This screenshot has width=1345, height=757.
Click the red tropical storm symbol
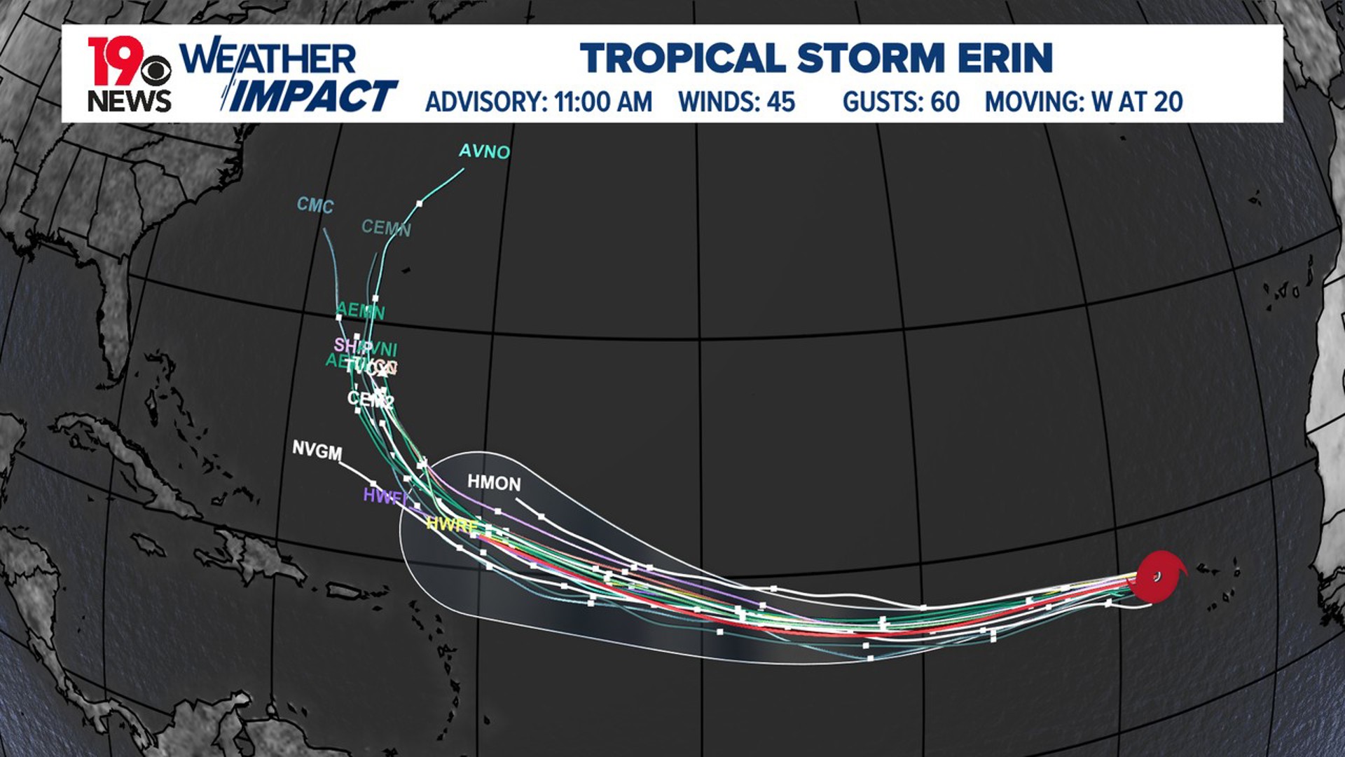click(1157, 577)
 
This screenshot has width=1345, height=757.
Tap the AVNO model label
click(484, 151)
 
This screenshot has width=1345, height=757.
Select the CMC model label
click(315, 205)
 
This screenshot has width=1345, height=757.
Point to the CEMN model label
click(386, 227)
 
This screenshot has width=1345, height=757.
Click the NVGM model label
click(317, 450)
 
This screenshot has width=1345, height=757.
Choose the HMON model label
click(494, 483)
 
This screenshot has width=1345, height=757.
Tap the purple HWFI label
click(384, 496)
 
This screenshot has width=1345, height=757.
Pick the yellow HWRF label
click(452, 524)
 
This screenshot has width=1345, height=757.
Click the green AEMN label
click(361, 310)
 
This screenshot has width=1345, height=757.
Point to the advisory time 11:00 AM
click(603, 102)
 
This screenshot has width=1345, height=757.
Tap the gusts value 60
click(945, 102)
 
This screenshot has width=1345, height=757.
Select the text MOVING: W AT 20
click(1084, 102)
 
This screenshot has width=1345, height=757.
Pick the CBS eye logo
click(155, 71)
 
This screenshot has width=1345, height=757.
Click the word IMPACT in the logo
click(313, 96)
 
